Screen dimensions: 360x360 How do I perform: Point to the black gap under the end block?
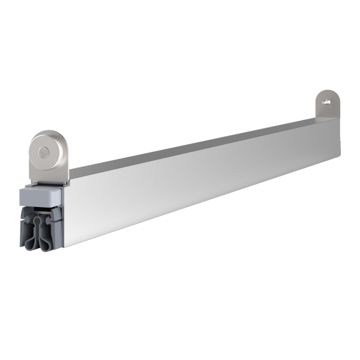click(x=42, y=206)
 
